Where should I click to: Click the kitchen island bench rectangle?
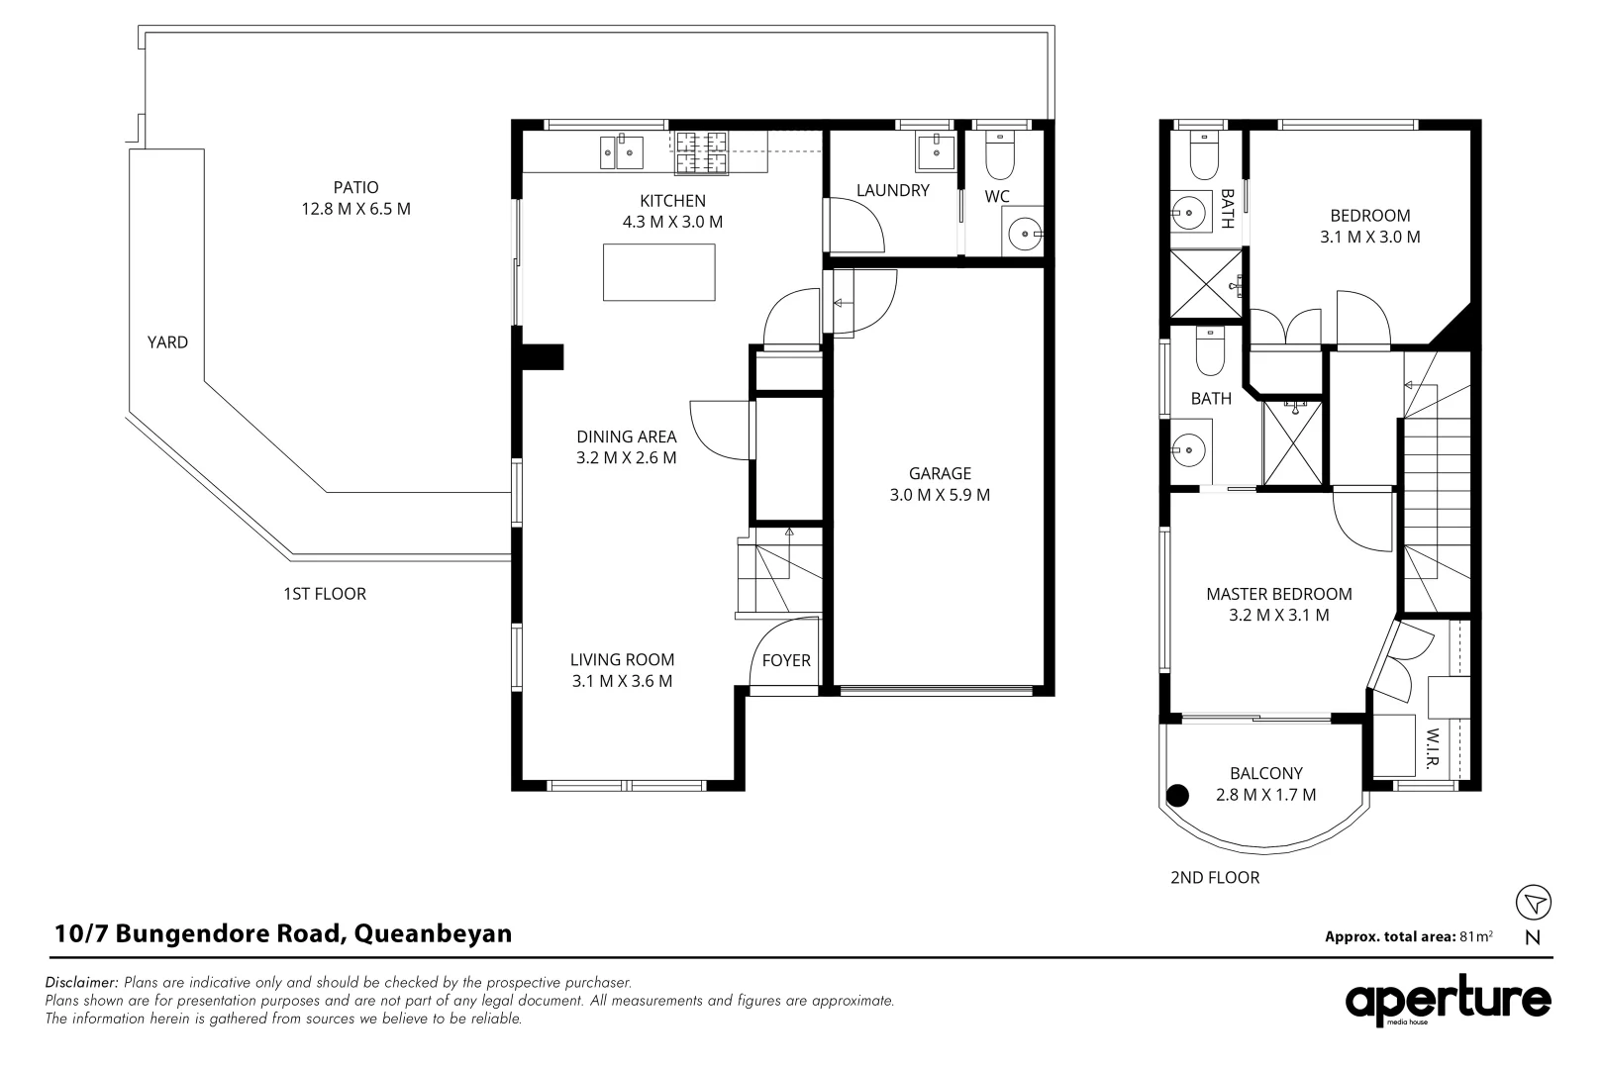pyautogui.click(x=659, y=272)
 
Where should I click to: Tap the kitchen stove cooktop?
pyautogui.click(x=701, y=153)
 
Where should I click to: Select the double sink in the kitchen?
pyautogui.click(x=621, y=152)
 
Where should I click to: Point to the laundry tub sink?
pyautogui.click(x=935, y=152)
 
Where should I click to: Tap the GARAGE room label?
pyautogui.click(x=940, y=473)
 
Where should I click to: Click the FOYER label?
pyautogui.click(x=786, y=660)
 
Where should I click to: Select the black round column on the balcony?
pyautogui.click(x=1178, y=794)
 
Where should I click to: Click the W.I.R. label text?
pyautogui.click(x=1433, y=749)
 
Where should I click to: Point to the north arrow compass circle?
pyautogui.click(x=1534, y=902)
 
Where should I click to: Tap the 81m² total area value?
pyautogui.click(x=1476, y=935)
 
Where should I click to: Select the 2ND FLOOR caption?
pyautogui.click(x=1215, y=877)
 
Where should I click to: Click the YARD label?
pyautogui.click(x=167, y=341)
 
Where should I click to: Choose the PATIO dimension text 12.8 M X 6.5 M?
pyautogui.click(x=355, y=209)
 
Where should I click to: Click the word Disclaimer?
pyautogui.click(x=81, y=983)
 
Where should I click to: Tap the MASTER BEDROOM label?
pyautogui.click(x=1278, y=594)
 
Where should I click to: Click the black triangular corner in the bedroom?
pyautogui.click(x=1458, y=328)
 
